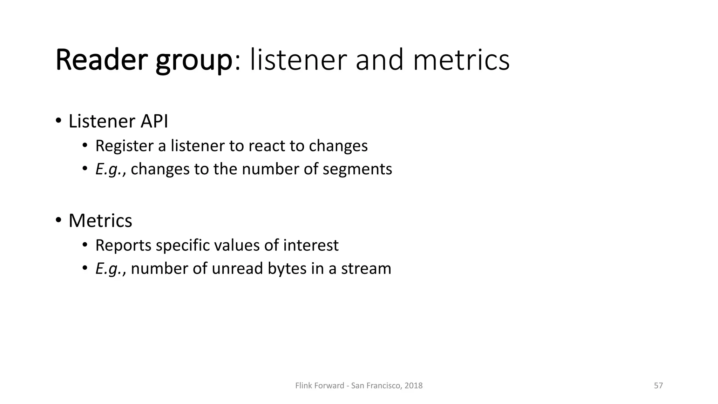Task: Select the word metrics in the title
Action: [x=461, y=60]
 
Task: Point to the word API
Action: [x=154, y=121]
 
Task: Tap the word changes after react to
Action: [x=338, y=146]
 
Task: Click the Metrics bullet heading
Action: [x=100, y=221]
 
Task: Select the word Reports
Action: [x=123, y=245]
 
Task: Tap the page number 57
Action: [x=658, y=386]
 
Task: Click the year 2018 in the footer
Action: [x=413, y=386]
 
